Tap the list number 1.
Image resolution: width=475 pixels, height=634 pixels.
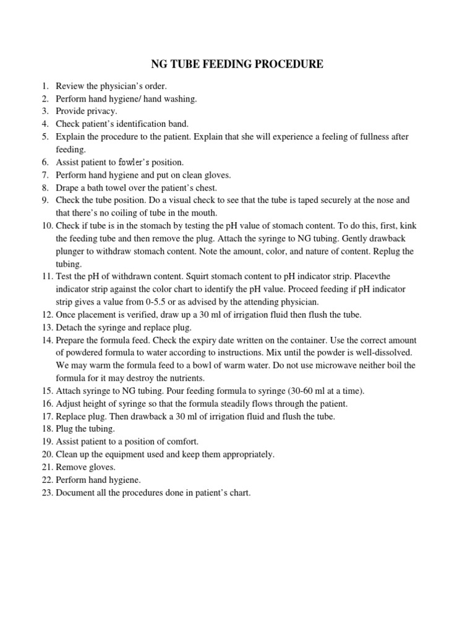tap(45, 86)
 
